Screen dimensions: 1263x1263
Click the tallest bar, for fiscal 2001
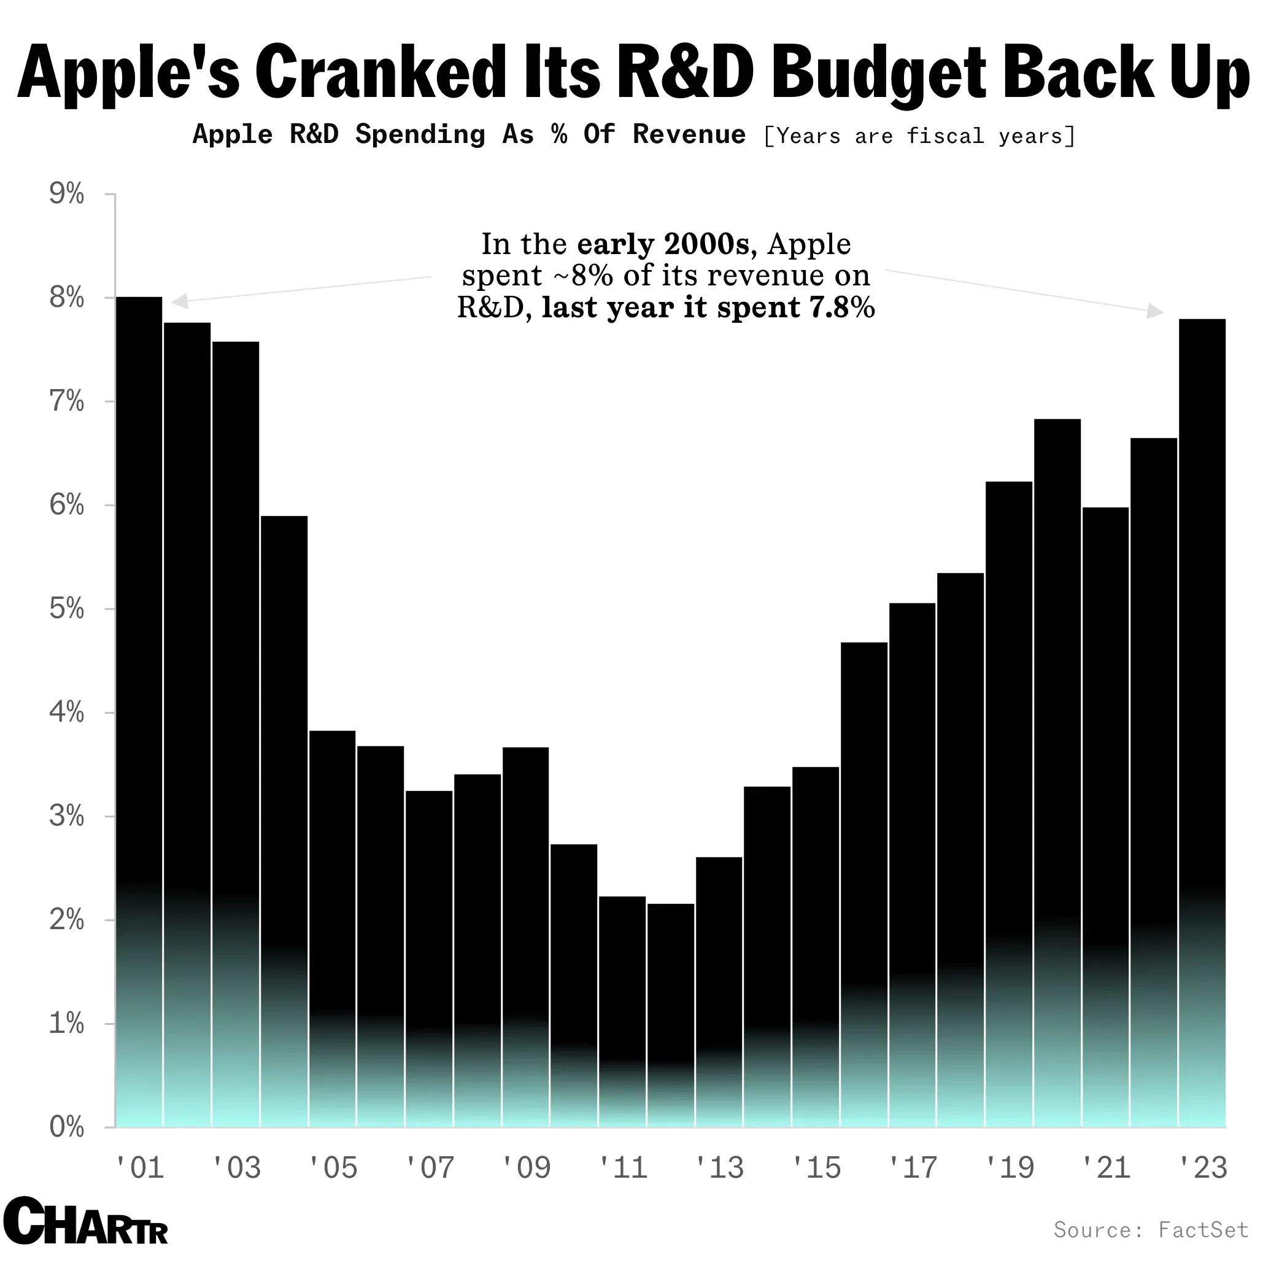point(139,654)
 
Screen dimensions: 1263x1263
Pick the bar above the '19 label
point(1009,784)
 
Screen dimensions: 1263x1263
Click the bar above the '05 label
point(332,915)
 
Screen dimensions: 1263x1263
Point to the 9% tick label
point(67,194)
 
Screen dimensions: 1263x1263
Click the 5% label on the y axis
point(67,609)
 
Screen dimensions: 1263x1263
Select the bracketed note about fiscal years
point(919,136)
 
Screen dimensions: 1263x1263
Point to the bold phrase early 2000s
point(663,244)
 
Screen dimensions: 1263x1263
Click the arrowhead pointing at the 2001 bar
point(179,301)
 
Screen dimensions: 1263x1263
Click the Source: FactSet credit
point(1151,1230)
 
